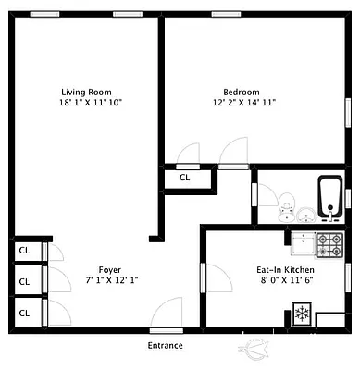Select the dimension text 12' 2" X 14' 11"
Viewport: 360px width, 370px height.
coord(242,103)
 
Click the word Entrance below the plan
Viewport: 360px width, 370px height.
coord(166,346)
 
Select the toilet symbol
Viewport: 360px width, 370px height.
coord(286,201)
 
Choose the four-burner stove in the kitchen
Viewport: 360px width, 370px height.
coord(330,244)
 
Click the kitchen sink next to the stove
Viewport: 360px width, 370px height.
coord(303,244)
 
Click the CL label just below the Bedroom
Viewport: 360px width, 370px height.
coord(184,178)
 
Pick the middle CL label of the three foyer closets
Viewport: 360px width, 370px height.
coord(25,280)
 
